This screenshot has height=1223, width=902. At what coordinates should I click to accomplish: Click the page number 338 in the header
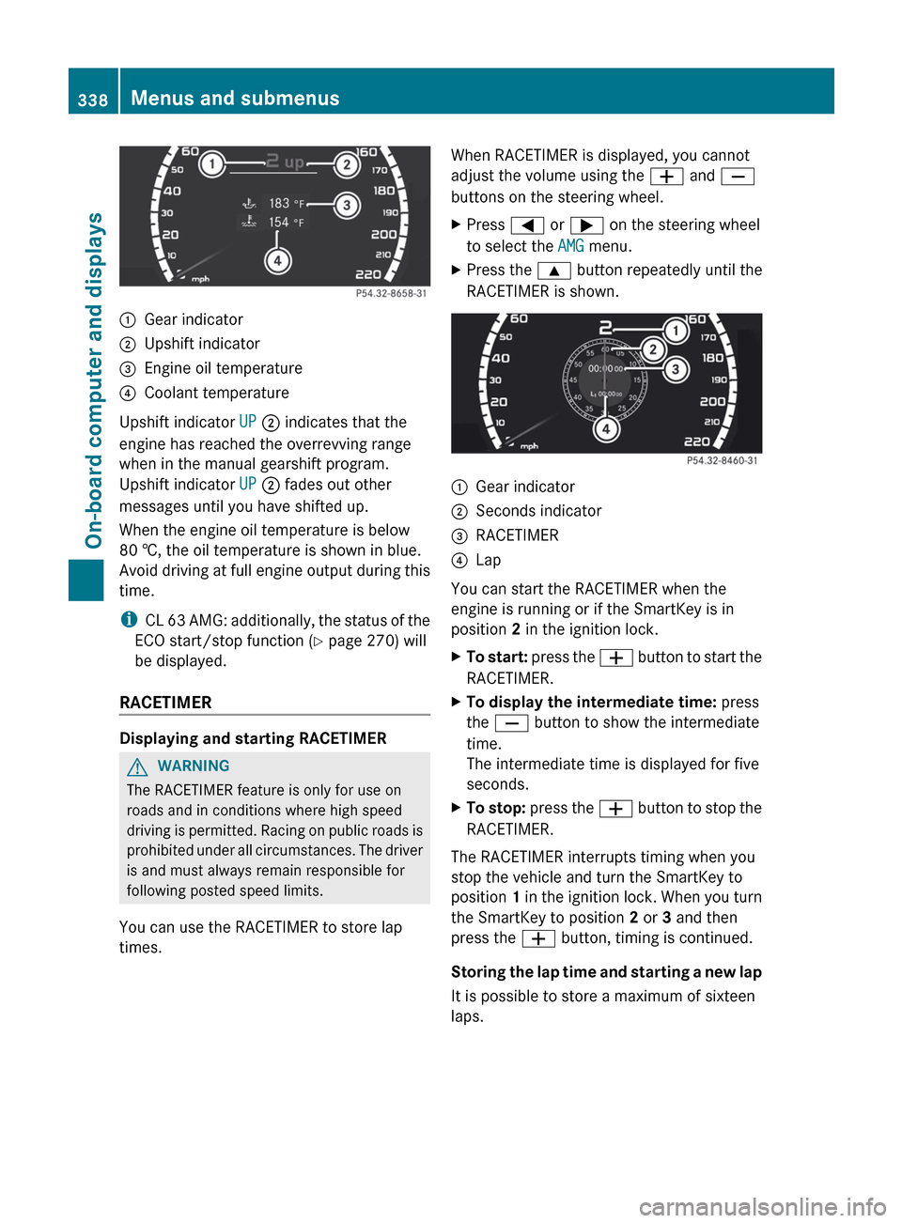(92, 100)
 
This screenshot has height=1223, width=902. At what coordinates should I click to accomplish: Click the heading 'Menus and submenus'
(235, 98)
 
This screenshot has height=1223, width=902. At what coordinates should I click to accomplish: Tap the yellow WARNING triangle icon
(138, 766)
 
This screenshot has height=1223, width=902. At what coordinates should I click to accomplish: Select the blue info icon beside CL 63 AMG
(128, 620)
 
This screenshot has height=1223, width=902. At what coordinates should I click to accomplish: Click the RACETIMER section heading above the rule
(165, 703)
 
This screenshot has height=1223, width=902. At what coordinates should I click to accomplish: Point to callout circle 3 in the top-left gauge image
(347, 205)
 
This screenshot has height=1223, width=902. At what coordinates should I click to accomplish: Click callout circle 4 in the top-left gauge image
(277, 260)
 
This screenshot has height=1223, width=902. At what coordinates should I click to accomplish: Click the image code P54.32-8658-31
(391, 294)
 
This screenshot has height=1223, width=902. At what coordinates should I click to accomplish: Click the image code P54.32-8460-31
(722, 461)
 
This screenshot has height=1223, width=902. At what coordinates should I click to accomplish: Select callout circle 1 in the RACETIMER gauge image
(675, 330)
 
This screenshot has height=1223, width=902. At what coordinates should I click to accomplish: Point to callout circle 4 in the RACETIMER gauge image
(606, 429)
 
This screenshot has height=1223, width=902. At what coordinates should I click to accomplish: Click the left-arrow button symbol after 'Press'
(527, 225)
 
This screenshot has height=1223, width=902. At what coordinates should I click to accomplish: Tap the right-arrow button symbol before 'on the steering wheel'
(586, 225)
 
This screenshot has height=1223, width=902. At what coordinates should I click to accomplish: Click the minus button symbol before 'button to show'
(511, 723)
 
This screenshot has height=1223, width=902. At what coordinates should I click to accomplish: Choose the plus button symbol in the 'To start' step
(616, 658)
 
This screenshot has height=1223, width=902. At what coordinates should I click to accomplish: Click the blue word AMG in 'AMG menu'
(570, 246)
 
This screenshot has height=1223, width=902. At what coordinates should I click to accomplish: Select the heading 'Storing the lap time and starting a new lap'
(606, 972)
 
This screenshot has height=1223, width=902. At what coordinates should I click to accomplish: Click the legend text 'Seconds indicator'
(538, 511)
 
